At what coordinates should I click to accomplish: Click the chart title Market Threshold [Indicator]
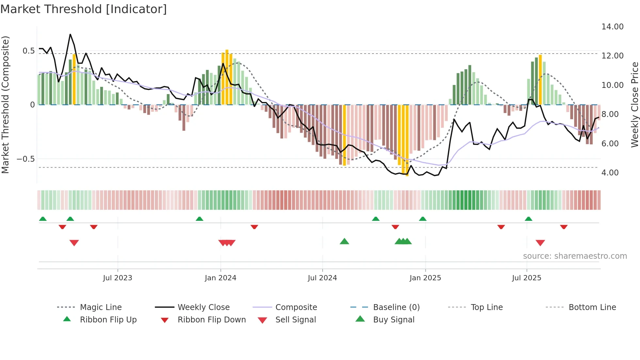(84, 9)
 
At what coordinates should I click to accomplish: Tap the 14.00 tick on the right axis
(612, 27)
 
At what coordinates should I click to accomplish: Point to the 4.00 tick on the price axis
(610, 172)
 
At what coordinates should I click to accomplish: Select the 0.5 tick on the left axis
(28, 51)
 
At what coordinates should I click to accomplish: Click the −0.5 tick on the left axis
(25, 159)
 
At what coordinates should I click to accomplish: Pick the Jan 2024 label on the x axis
(220, 278)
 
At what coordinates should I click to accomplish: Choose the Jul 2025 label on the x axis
(526, 278)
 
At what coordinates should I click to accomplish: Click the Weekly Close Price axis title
(634, 105)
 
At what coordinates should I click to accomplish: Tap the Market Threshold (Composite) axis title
(5, 105)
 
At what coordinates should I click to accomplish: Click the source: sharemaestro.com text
(575, 256)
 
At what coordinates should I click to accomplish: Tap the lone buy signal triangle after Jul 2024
(344, 242)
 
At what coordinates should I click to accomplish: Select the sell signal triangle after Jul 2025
(540, 243)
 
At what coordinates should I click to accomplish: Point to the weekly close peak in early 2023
(70, 34)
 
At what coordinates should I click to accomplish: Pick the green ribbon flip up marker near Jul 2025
(528, 219)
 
